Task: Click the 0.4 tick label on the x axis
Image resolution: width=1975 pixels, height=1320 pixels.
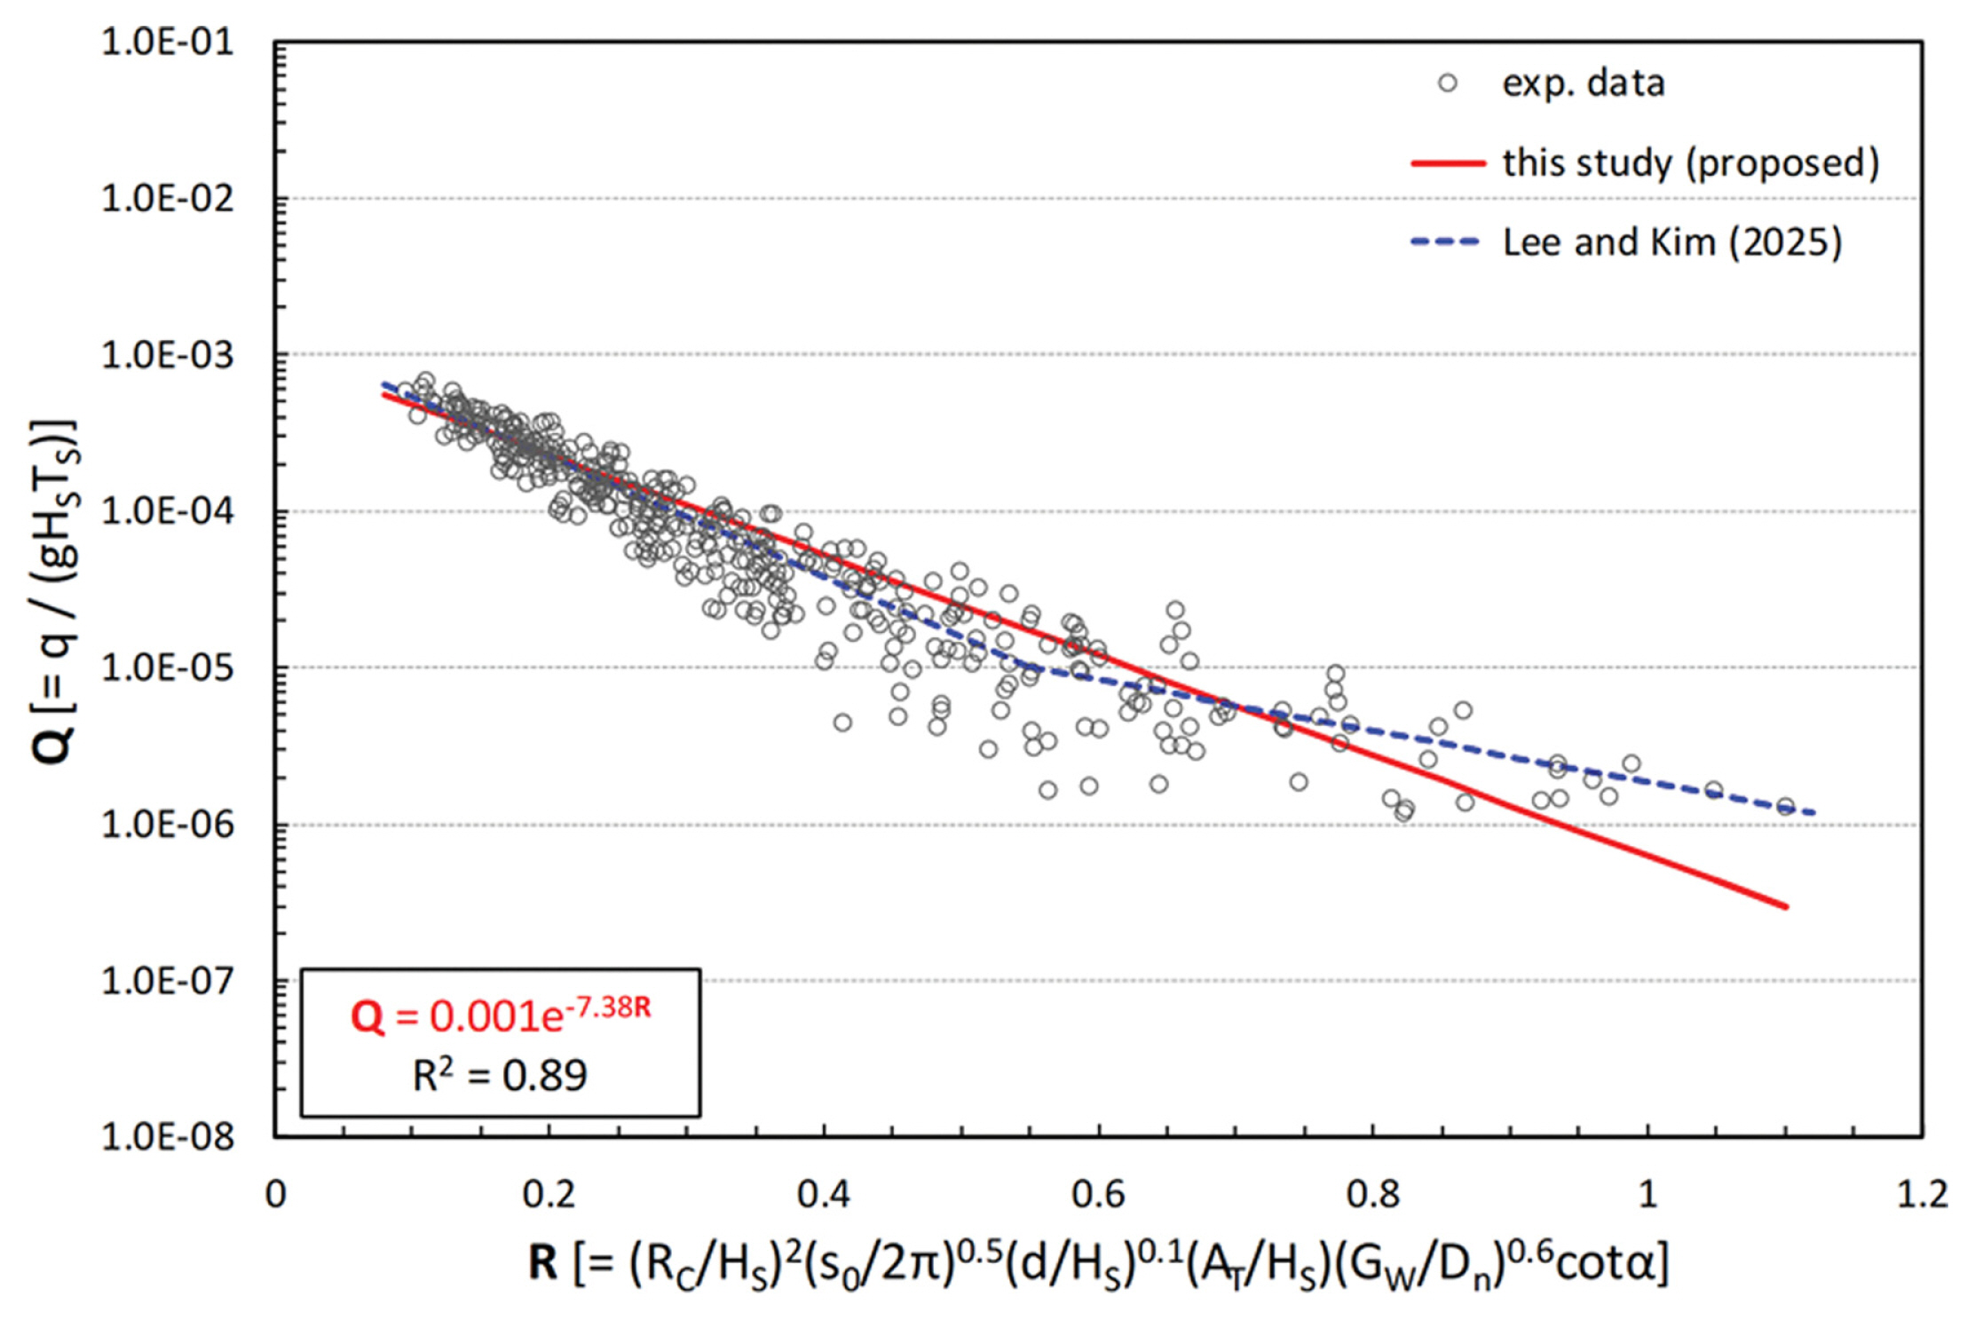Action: coord(823,1194)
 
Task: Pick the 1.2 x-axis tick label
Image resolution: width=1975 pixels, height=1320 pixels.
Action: coord(1922,1194)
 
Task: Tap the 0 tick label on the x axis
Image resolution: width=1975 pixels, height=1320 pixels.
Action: coord(276,1194)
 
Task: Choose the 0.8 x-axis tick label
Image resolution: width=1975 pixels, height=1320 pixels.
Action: coord(1372,1194)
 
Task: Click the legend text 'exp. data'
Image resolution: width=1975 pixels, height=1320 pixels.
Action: coord(1583,83)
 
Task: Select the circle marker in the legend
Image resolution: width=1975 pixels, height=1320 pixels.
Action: coord(1447,83)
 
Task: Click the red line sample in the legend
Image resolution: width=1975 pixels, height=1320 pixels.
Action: coord(1447,163)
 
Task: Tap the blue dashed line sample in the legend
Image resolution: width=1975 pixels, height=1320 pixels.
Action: coord(1447,241)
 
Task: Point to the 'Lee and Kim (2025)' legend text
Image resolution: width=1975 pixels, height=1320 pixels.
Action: coord(1671,241)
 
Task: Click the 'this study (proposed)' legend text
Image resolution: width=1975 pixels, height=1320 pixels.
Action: coord(1690,163)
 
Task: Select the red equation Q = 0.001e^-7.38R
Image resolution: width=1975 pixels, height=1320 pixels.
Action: coord(501,1015)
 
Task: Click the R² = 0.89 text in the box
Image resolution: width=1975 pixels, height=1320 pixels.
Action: coord(501,1076)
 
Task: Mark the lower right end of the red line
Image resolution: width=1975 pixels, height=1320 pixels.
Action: coord(1785,906)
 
